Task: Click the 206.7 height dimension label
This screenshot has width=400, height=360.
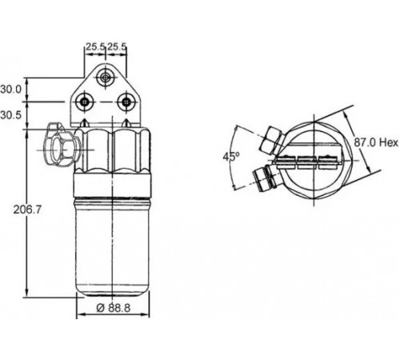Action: (27, 210)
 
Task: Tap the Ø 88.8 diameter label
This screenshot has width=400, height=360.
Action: (114, 308)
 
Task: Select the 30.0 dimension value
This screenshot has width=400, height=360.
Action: (10, 90)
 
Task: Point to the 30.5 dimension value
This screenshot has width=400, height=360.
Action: (10, 115)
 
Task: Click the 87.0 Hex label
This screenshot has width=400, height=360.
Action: (376, 142)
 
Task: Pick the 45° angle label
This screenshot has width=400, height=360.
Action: (231, 157)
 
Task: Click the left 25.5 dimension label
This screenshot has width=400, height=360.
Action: (95, 47)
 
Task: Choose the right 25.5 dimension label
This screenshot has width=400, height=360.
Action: (117, 47)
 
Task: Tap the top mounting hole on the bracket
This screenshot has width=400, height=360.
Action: (106, 78)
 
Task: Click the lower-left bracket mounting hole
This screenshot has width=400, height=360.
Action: (85, 102)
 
